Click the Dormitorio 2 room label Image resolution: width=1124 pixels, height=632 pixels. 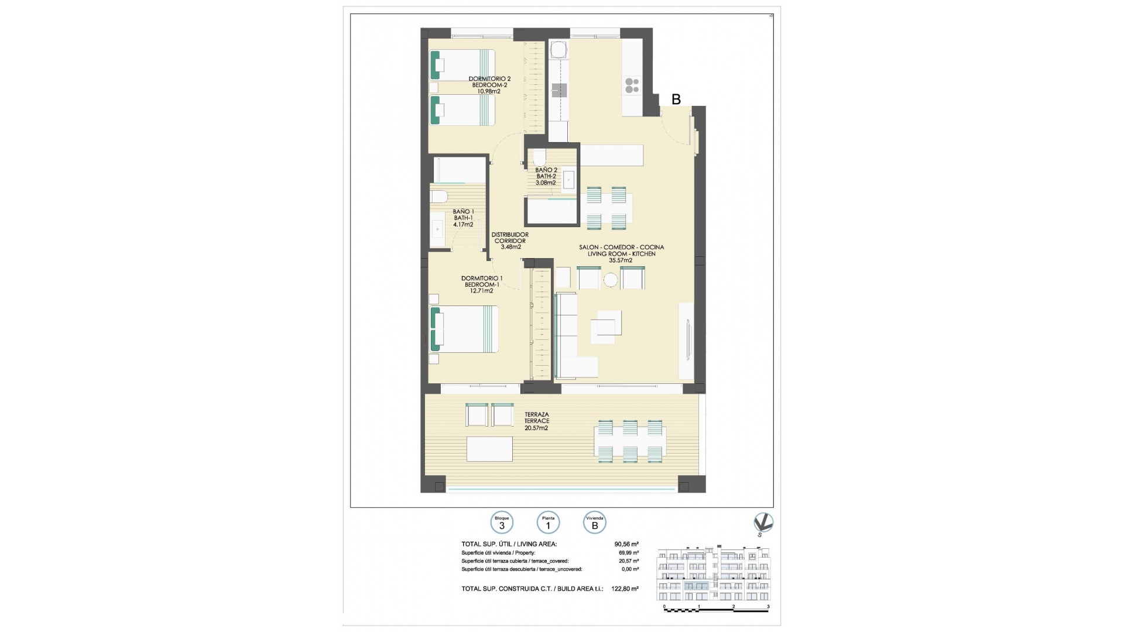[490, 78]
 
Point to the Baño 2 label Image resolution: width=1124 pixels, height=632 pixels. [546, 170]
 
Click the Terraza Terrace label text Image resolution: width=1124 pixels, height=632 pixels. [537, 417]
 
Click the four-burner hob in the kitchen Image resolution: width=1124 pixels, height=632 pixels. [632, 85]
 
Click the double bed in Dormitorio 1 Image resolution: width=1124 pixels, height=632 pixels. [465, 329]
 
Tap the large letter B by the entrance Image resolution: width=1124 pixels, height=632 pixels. [676, 99]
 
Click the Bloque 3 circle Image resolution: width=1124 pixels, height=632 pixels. [502, 523]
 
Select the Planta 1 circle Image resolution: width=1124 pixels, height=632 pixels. [548, 523]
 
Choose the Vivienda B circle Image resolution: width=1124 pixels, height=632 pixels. [595, 523]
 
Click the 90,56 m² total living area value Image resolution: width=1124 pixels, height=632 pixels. [626, 544]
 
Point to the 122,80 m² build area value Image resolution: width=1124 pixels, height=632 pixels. [626, 589]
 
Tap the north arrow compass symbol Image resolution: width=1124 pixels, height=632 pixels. [763, 523]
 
